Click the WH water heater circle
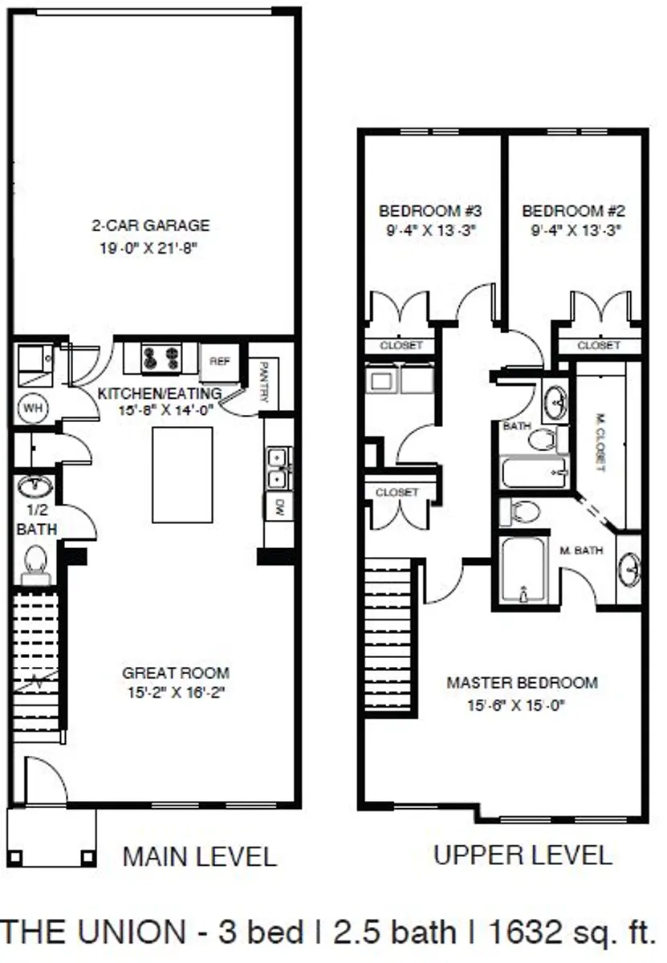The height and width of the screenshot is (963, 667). pyautogui.click(x=33, y=408)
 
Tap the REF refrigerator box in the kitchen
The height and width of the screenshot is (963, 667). pyautogui.click(x=220, y=362)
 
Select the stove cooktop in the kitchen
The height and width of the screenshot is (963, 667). pyautogui.click(x=160, y=358)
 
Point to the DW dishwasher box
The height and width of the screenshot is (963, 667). pyautogui.click(x=279, y=506)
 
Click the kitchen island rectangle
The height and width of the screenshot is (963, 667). pyautogui.click(x=182, y=475)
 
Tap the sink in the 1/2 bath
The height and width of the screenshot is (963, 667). pyautogui.click(x=35, y=487)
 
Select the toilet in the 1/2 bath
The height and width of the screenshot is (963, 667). pyautogui.click(x=35, y=559)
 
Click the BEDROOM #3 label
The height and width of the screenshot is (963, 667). pyautogui.click(x=429, y=212)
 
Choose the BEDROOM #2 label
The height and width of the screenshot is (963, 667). pyautogui.click(x=573, y=212)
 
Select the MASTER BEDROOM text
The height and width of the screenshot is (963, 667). pyautogui.click(x=522, y=683)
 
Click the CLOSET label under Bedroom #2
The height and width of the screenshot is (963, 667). pyautogui.click(x=599, y=345)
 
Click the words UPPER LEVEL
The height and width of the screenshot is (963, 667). pyautogui.click(x=523, y=855)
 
